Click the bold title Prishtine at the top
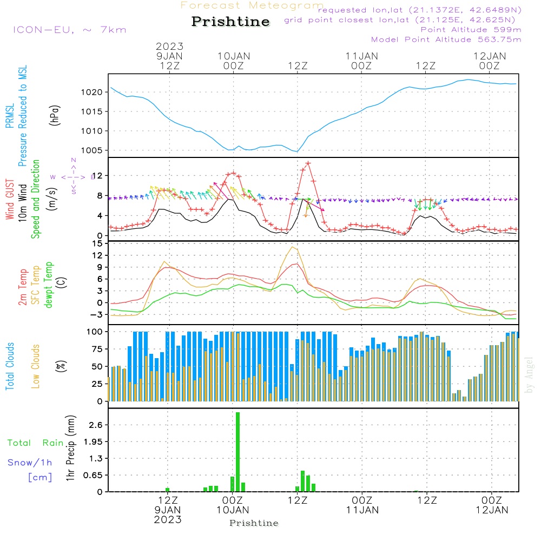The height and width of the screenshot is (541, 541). point(230,22)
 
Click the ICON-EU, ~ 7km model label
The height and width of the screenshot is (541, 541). point(69,30)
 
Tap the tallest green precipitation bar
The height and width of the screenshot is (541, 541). point(237,451)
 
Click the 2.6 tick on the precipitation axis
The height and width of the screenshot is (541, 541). point(95,425)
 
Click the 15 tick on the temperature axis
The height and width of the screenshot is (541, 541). point(97,243)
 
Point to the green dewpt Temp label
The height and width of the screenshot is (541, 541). point(49,285)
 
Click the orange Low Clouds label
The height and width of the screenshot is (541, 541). point(36,366)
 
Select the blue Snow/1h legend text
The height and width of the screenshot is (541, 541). point(30,463)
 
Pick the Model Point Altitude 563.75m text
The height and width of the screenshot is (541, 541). point(446,39)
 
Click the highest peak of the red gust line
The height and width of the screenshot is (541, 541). point(308,163)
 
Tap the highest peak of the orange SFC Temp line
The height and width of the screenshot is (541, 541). point(293,247)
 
